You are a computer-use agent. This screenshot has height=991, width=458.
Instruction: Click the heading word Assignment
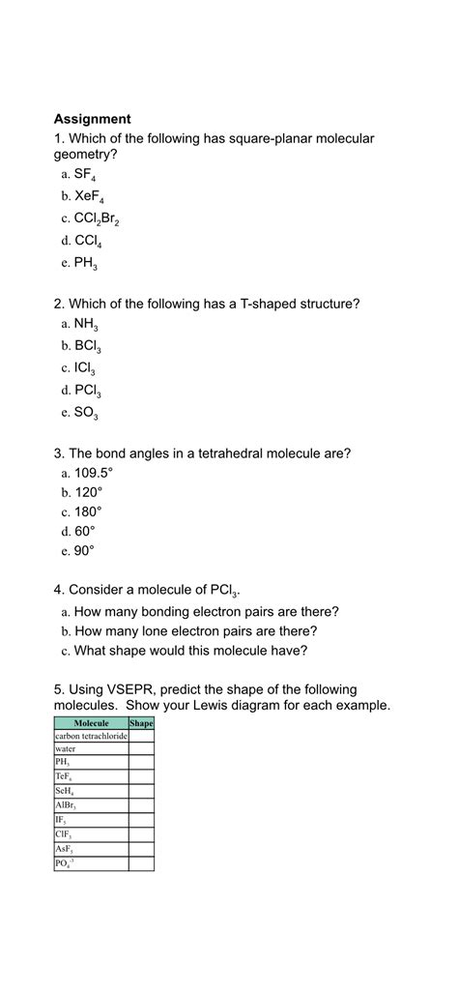coord(92,119)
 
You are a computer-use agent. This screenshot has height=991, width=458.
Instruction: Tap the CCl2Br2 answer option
coord(97,219)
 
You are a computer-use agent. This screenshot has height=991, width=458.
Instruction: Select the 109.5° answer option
coord(93,474)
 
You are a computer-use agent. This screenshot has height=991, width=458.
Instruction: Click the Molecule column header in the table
coord(91,723)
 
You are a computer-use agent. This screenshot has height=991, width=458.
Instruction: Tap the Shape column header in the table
coord(141,723)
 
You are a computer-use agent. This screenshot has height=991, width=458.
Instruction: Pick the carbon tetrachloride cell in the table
coord(91,736)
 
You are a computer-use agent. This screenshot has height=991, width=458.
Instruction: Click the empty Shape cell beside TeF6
coord(141,776)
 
